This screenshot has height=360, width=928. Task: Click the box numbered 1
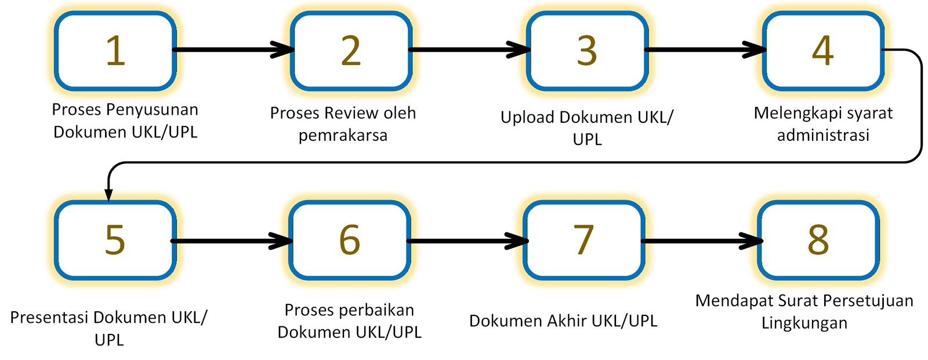point(115,51)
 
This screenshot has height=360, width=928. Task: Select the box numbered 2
point(351,51)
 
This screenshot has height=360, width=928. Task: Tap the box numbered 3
point(587,51)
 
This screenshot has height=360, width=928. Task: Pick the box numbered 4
point(822,51)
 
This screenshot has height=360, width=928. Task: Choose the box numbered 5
point(115,240)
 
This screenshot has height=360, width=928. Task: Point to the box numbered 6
point(349,240)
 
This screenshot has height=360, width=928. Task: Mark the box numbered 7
point(583,240)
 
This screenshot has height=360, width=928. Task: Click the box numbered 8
point(818,240)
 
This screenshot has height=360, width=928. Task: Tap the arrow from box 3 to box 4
point(705,50)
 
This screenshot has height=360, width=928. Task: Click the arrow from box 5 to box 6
point(232,241)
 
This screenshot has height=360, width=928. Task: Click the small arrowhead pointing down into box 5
point(108,194)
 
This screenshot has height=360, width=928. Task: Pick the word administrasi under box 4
point(823,136)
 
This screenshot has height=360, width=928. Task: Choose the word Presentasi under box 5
point(49,318)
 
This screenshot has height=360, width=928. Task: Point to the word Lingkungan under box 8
point(804,323)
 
